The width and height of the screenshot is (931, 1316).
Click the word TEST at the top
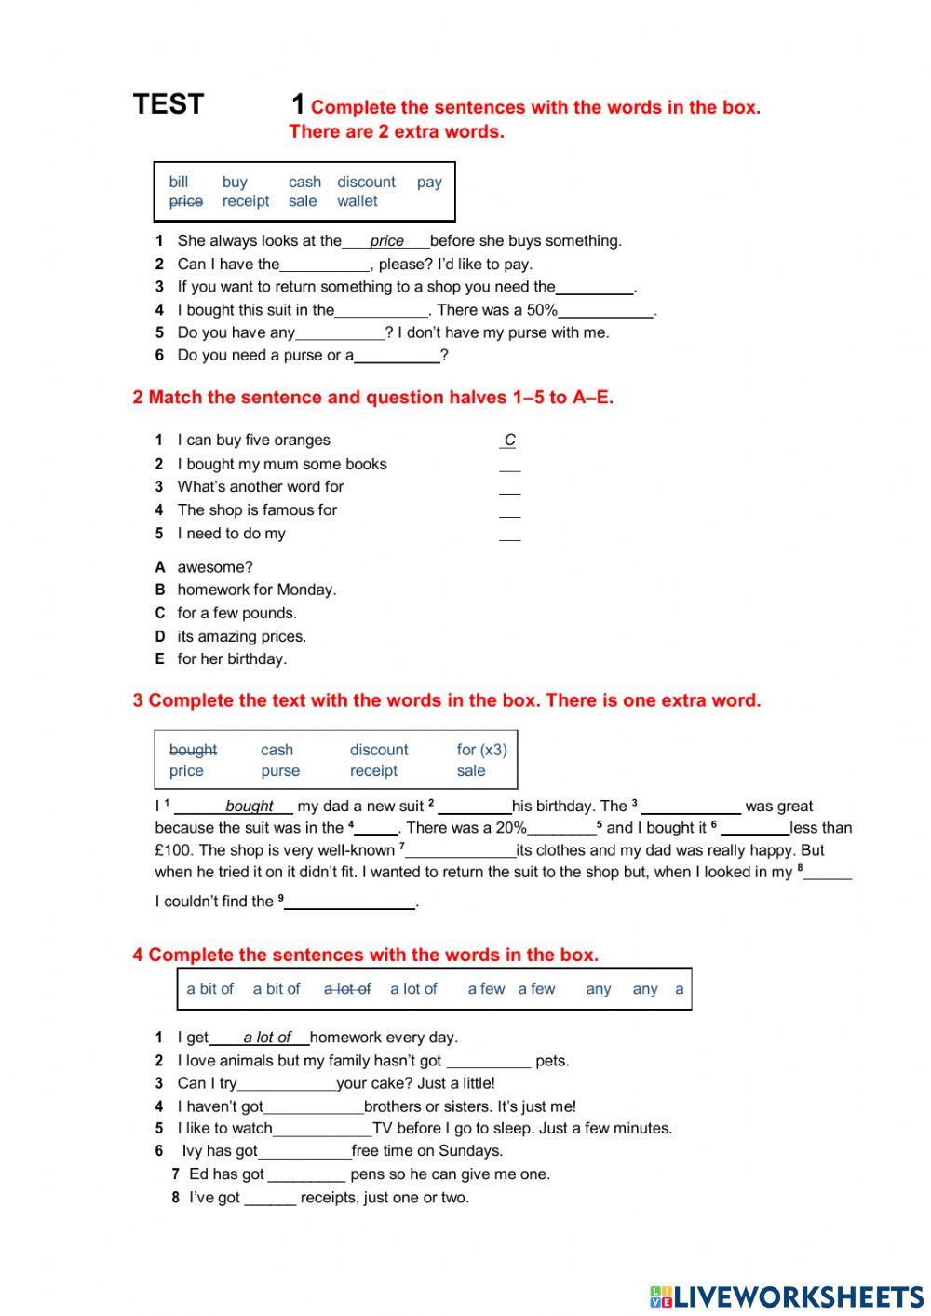[168, 104]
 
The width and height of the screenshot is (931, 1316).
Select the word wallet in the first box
[358, 201]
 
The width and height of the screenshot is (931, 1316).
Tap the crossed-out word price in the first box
[185, 201]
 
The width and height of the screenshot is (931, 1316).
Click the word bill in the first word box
[178, 182]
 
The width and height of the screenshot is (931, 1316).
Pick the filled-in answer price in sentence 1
[386, 241]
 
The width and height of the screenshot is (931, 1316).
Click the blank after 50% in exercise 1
[605, 312]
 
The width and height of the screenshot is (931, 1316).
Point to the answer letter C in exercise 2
[509, 441]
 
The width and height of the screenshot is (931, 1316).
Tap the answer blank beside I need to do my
[509, 535]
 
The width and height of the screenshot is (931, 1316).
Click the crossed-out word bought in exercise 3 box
[193, 750]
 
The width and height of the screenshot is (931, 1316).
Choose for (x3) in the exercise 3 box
[481, 750]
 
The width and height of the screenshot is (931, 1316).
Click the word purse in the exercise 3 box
[280, 771]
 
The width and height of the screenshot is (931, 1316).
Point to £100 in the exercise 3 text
[173, 850]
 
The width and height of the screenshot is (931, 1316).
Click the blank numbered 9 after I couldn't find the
[350, 902]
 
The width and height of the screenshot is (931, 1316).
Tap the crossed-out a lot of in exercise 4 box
[347, 989]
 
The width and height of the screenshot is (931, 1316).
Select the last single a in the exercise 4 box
[679, 989]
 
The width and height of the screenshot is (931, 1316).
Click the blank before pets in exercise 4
[488, 1062]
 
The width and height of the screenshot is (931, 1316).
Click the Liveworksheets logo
[786, 1296]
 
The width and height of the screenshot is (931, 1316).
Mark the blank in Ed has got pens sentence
[306, 1175]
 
